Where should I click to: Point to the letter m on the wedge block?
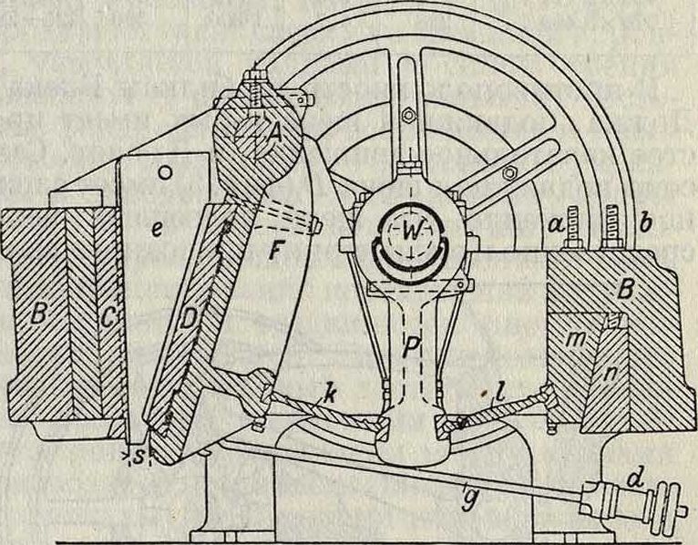[575, 339]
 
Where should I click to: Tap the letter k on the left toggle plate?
[315, 397]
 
